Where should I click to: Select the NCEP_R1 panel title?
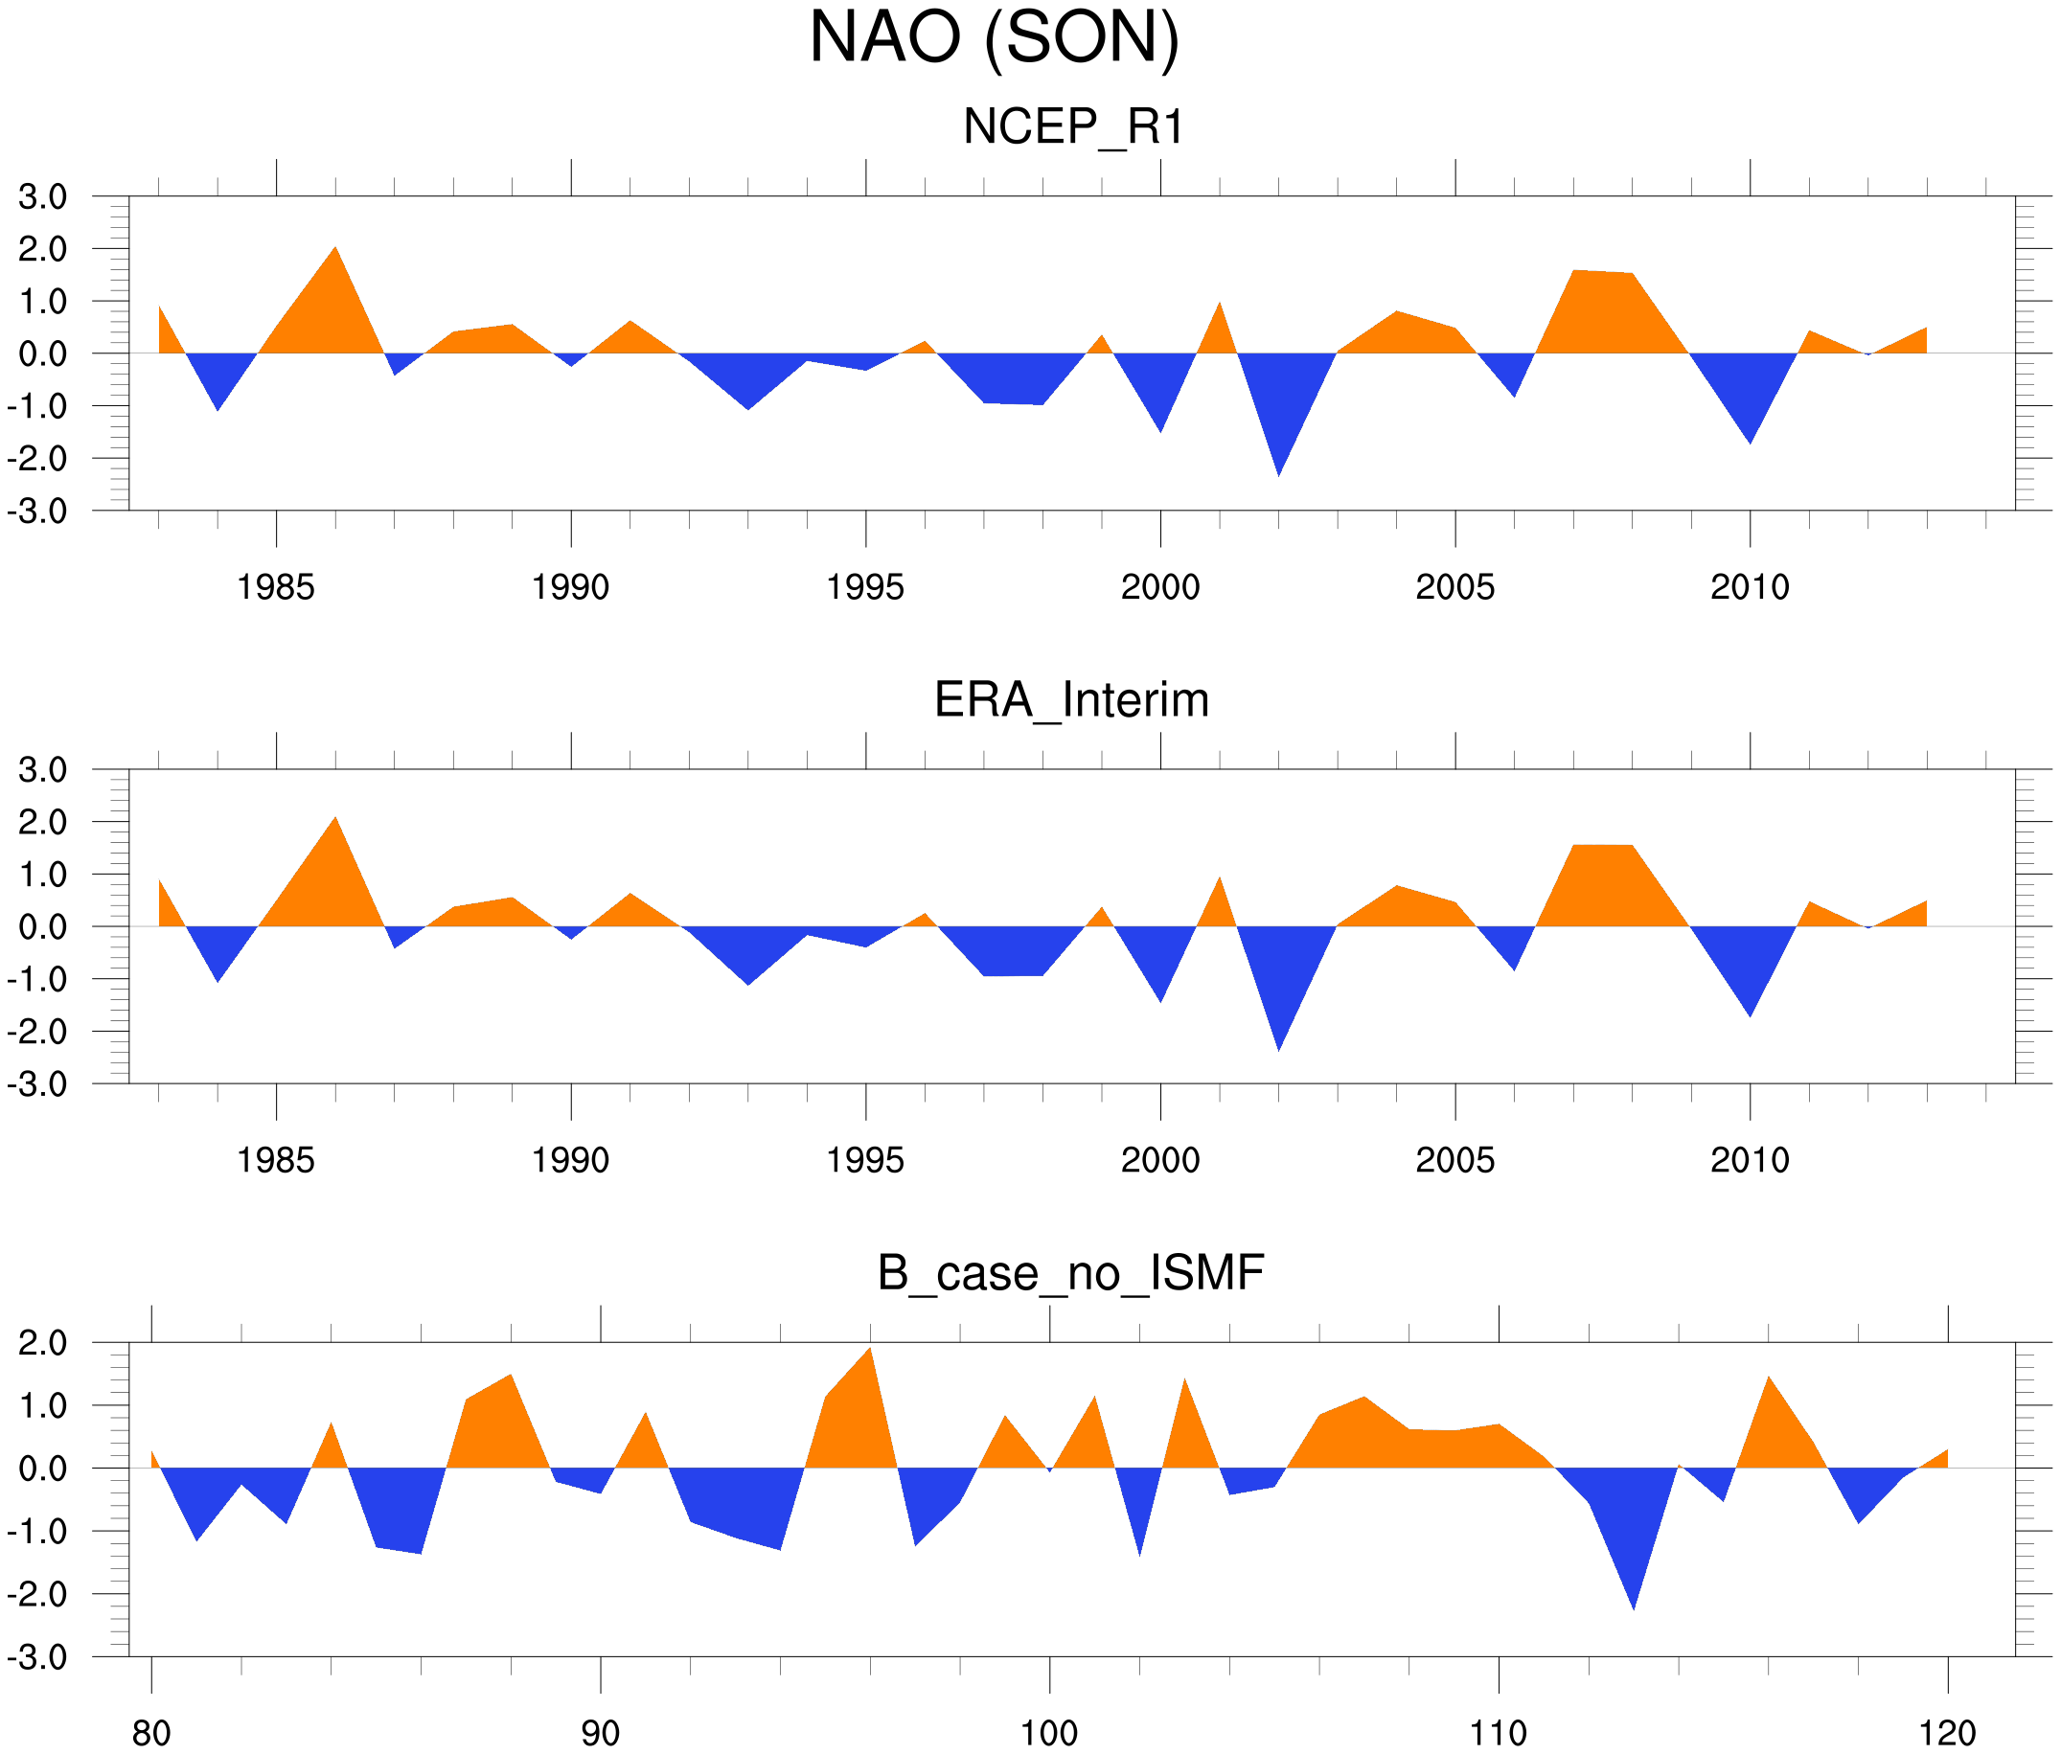pos(1073,127)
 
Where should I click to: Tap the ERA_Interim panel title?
pos(1071,700)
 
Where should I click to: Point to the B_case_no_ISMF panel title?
pos(1070,1273)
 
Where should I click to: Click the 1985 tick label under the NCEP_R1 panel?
pos(276,587)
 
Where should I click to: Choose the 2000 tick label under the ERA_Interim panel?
pos(1159,1160)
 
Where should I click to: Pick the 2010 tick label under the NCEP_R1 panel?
pos(1750,587)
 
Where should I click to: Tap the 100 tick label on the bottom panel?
pos(1049,1734)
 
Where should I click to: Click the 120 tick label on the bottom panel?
pos(1947,1734)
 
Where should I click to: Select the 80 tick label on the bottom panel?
pos(151,1734)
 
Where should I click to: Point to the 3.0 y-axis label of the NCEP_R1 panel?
pos(43,197)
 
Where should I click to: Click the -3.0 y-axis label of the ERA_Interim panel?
pos(37,1083)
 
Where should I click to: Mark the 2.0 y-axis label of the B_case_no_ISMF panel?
pos(43,1343)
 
